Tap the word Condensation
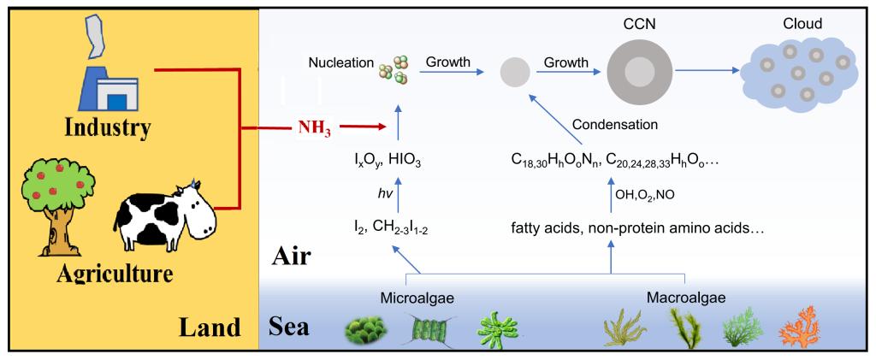tap(615, 124)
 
